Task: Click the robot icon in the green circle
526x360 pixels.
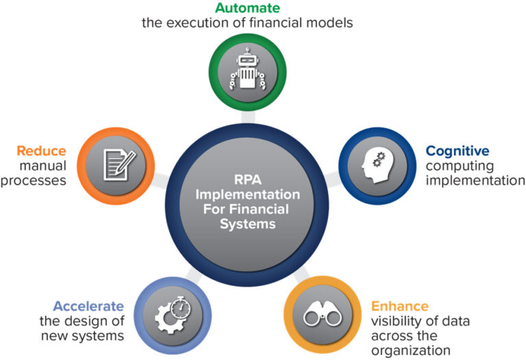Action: tap(247, 68)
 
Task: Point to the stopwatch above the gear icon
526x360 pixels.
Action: tap(179, 303)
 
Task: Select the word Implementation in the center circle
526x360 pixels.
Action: tap(242, 196)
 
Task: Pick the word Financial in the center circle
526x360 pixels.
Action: tap(263, 209)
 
